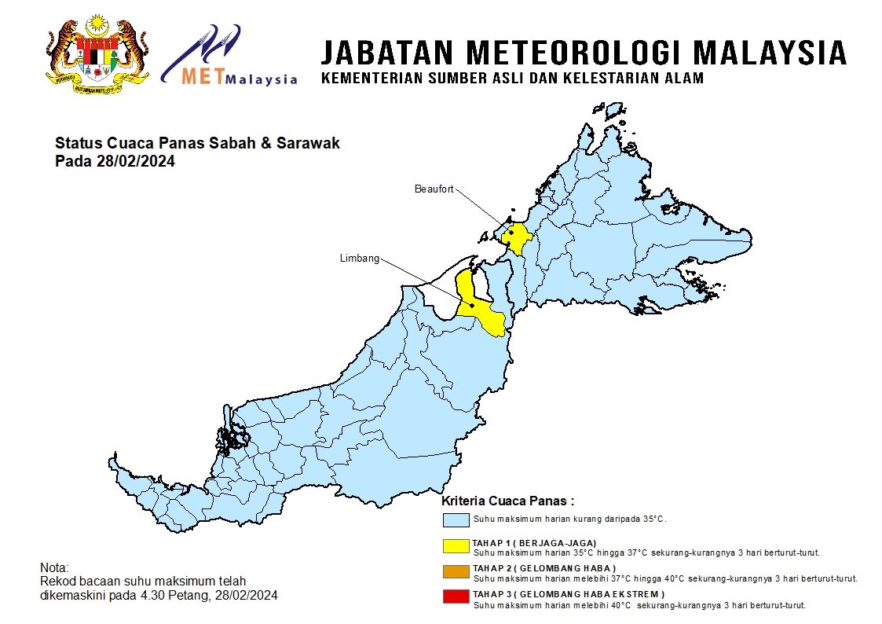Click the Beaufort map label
pyautogui.click(x=434, y=189)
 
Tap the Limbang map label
pyautogui.click(x=360, y=259)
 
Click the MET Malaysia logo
pyautogui.click(x=229, y=57)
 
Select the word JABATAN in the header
pyautogui.click(x=388, y=53)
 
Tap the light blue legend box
pyautogui.click(x=456, y=520)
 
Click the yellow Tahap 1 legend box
pyautogui.click(x=456, y=545)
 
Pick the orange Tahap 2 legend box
pyautogui.click(x=456, y=571)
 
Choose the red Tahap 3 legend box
pyautogui.click(x=456, y=597)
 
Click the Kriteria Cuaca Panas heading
pyautogui.click(x=507, y=501)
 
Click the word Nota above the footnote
pyautogui.click(x=54, y=567)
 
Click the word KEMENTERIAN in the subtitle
pyautogui.click(x=368, y=79)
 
